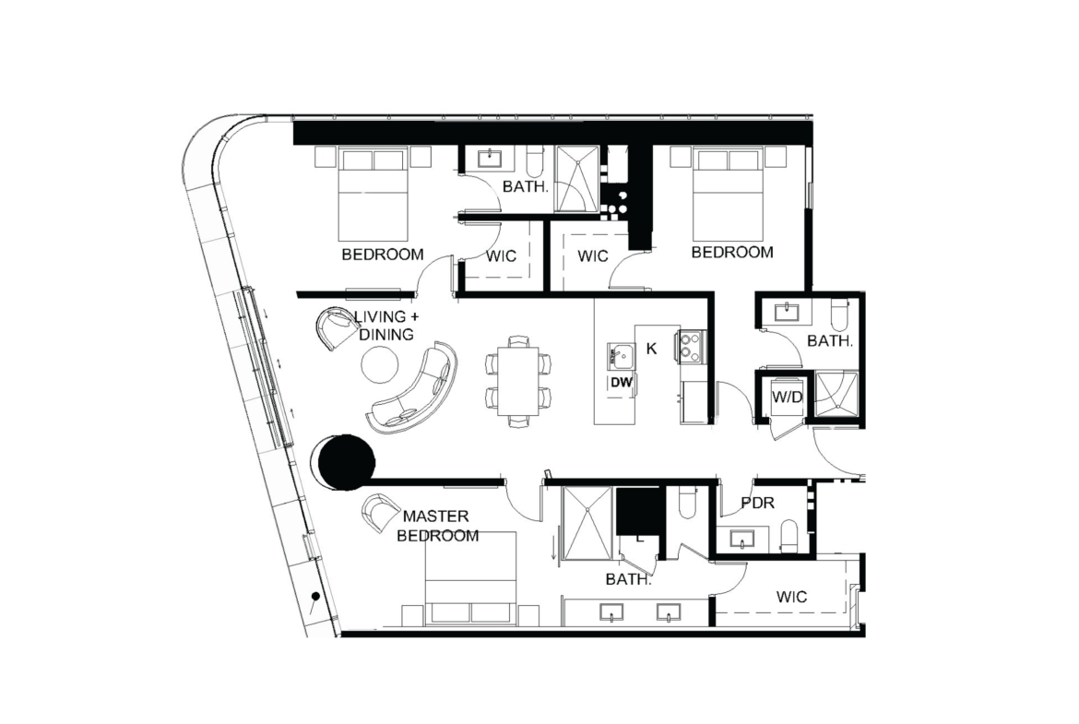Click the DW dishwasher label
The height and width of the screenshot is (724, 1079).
coord(621,383)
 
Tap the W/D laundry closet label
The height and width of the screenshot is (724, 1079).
coord(787,398)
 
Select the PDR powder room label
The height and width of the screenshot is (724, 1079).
coord(758,503)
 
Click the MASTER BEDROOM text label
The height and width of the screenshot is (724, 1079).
coord(437,526)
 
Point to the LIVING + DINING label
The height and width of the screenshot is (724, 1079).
coord(386,326)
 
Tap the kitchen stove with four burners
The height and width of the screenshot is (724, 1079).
coord(690,346)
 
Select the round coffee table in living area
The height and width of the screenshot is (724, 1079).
coord(379,364)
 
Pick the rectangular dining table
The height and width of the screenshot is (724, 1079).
coord(517,381)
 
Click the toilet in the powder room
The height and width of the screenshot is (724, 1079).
coord(789,536)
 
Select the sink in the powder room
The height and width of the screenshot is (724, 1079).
coord(741,539)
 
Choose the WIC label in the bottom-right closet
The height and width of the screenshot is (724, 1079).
coord(791,597)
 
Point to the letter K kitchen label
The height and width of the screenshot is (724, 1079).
coord(651,349)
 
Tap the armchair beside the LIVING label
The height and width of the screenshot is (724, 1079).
coord(338,327)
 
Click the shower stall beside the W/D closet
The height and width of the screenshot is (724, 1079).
coord(836,395)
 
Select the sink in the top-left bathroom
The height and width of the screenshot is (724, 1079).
coord(491,159)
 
